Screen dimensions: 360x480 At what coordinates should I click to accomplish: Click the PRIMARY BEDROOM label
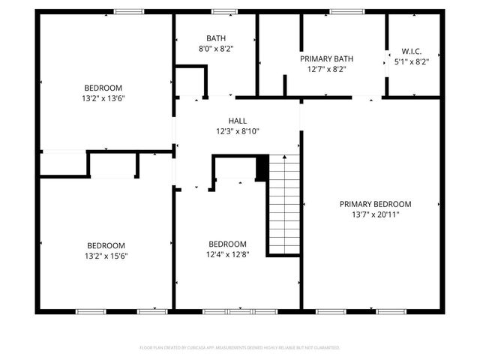pos(375,204)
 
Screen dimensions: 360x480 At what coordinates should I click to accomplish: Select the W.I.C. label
pos(411,52)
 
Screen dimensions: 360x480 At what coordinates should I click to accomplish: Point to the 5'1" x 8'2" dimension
pos(411,62)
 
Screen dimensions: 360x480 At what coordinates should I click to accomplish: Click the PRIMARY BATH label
pos(326,58)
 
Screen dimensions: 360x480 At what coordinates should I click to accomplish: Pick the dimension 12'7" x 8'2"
pos(326,68)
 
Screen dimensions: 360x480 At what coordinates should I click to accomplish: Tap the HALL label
pos(237,121)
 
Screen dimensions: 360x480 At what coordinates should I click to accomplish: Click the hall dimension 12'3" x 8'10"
pos(237,130)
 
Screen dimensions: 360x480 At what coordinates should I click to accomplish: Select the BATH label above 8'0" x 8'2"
pos(216,38)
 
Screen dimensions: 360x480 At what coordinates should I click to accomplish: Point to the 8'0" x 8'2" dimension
pos(216,48)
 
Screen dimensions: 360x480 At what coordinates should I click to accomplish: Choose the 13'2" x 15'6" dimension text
pos(106,255)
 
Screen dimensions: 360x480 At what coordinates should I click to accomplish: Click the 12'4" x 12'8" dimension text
pos(227,253)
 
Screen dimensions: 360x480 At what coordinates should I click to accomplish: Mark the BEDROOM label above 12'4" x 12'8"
pos(227,244)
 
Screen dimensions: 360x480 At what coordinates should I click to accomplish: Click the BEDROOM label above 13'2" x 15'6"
pos(106,245)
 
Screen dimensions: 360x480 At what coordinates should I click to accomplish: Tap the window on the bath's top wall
pos(223,11)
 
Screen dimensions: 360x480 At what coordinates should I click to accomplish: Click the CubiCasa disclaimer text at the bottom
pos(240,348)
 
